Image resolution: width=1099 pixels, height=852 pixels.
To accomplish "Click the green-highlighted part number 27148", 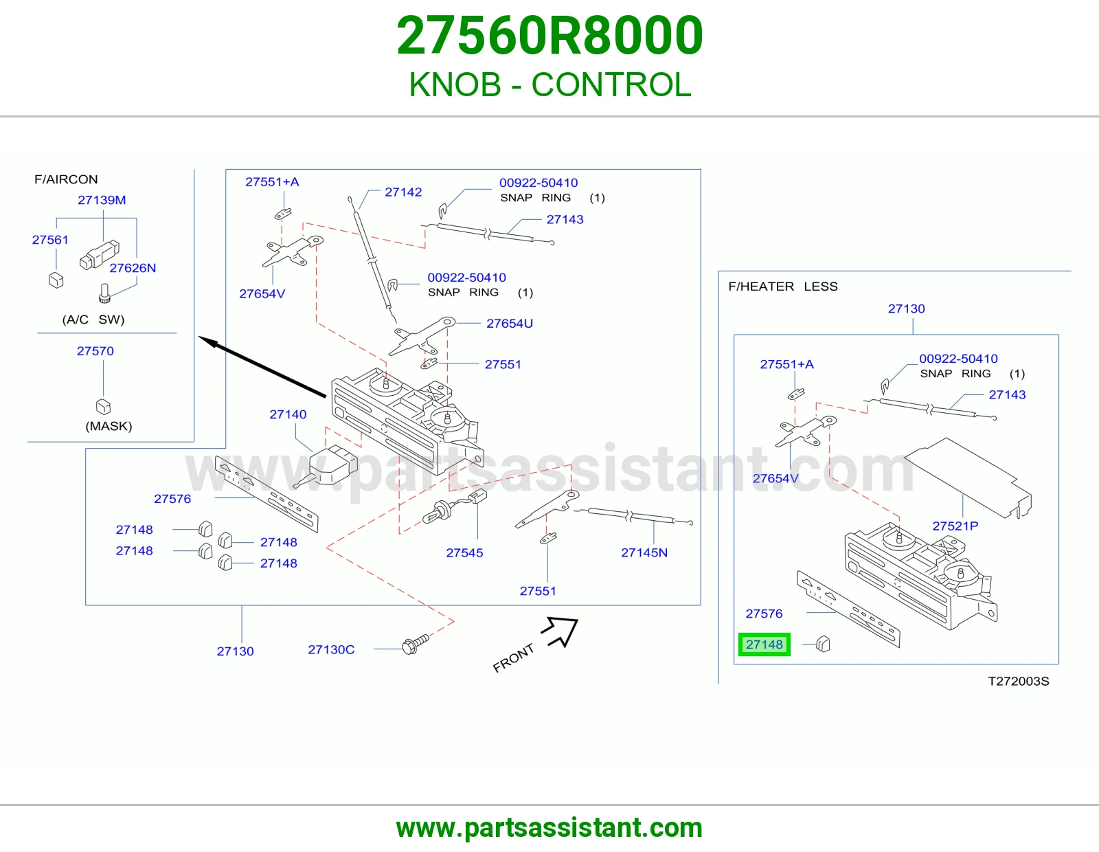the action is (x=764, y=644).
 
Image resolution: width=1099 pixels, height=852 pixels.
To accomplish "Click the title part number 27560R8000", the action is (x=549, y=35).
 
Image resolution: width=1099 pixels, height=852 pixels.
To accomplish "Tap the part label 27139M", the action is (x=102, y=200).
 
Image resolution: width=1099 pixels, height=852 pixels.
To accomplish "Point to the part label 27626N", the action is (x=133, y=268).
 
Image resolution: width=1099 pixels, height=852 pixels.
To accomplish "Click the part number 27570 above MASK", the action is (x=95, y=350).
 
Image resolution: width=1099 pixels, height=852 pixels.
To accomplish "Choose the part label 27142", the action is (x=403, y=192).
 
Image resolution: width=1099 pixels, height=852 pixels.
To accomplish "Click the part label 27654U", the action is (x=509, y=324).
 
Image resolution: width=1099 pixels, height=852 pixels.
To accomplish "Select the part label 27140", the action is (x=288, y=414).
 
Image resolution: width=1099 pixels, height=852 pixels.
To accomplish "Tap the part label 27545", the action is (x=464, y=552).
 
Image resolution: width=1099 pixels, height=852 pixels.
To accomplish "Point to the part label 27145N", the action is (x=644, y=552).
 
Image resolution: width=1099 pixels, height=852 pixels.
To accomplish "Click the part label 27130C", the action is (x=331, y=649).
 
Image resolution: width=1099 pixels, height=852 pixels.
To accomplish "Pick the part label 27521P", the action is (x=955, y=526).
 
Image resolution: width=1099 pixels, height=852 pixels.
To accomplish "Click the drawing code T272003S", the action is (x=1018, y=681).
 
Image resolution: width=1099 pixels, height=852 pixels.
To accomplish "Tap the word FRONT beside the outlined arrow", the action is (x=513, y=658).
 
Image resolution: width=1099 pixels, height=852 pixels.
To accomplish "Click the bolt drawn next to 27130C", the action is (x=415, y=644).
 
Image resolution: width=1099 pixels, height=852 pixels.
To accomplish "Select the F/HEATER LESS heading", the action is (x=783, y=287).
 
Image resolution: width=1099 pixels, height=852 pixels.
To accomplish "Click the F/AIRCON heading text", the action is (x=66, y=179).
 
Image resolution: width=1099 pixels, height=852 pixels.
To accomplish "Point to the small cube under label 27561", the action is (x=56, y=280).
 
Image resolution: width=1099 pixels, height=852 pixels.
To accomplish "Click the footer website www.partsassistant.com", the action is (x=549, y=828).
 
